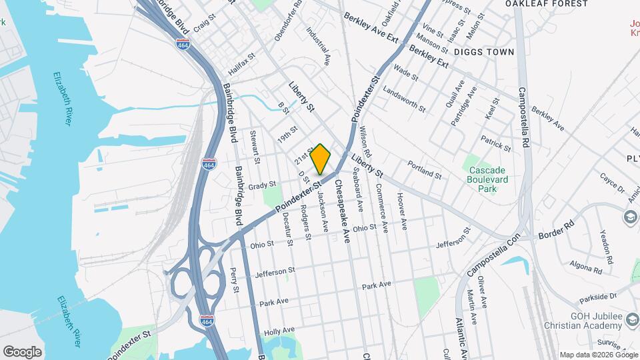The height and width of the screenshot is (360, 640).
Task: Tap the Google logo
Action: click(22, 351)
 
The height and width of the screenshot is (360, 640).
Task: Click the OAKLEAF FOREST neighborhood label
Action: click(547, 4)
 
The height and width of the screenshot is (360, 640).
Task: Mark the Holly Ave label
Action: click(279, 331)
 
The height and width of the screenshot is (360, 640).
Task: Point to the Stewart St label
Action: click(255, 146)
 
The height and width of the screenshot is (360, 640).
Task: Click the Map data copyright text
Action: click(597, 355)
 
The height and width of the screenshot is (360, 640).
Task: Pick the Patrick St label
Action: click(496, 143)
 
